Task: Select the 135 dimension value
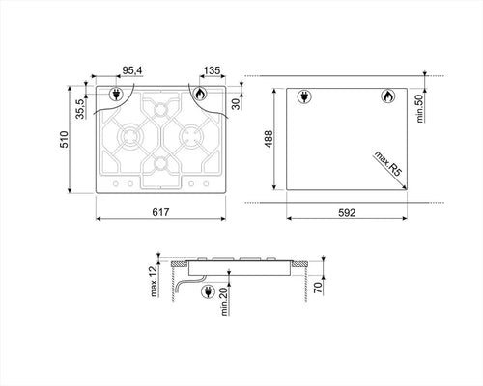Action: click(x=214, y=70)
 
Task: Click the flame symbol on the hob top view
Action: click(x=199, y=95)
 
